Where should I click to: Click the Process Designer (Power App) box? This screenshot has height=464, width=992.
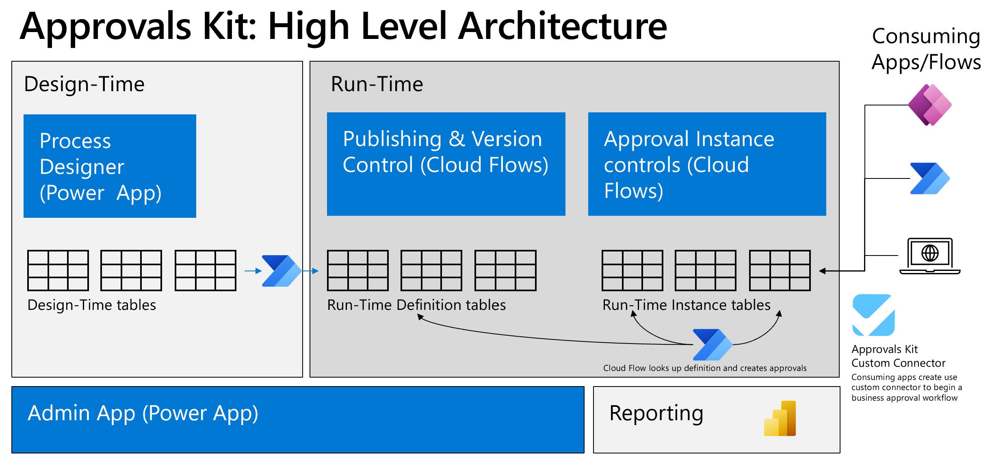[x=110, y=166]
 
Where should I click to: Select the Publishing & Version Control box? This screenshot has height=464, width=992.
[x=446, y=164]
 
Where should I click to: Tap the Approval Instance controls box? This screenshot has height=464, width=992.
[x=707, y=164]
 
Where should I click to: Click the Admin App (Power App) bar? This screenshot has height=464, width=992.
[x=297, y=419]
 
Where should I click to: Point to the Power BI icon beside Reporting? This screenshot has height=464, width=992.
[x=780, y=419]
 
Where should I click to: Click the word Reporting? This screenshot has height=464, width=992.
[x=656, y=414]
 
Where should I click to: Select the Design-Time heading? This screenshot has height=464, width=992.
[x=84, y=84]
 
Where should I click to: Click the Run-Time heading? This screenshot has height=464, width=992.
[x=377, y=84]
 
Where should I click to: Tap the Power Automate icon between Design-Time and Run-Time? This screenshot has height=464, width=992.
[x=281, y=271]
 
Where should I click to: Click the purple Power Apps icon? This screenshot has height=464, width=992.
[x=929, y=105]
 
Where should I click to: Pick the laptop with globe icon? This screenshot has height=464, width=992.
[x=929, y=256]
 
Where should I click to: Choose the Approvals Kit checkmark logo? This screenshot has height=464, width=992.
[x=873, y=315]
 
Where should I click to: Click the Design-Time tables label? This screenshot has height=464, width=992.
[x=91, y=305]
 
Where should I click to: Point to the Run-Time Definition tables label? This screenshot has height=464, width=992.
[x=416, y=305]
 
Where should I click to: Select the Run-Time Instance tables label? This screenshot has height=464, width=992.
[x=686, y=305]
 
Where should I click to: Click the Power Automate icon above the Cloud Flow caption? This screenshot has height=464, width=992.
[x=712, y=345]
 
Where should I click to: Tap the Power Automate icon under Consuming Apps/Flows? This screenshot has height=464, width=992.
[x=929, y=178]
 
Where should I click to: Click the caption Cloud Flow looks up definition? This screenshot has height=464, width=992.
[x=704, y=368]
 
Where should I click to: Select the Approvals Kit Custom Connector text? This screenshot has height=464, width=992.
[x=898, y=356]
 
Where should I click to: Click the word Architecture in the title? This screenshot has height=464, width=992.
[x=562, y=27]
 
